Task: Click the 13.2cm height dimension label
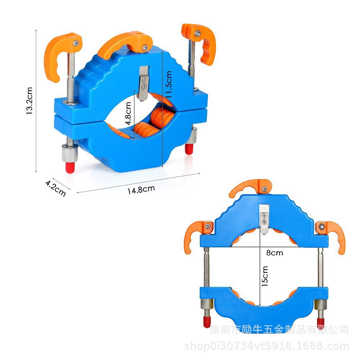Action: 30,101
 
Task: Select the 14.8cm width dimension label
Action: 141,190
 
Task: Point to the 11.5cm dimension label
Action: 169,84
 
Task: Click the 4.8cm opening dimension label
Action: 128,113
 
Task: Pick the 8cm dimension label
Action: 275,253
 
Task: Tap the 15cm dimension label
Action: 265,276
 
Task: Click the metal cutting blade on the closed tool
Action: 144,84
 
